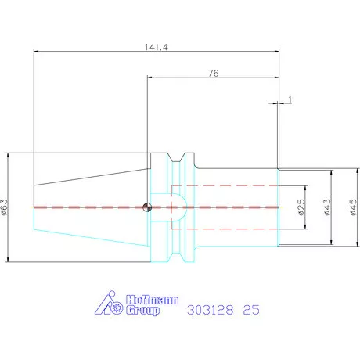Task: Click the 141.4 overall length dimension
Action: [x=157, y=47]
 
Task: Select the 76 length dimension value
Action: [x=214, y=73]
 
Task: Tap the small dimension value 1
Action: [x=290, y=99]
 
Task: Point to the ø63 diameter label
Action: [x=5, y=207]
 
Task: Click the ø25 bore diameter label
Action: [x=301, y=207]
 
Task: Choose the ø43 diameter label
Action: [x=327, y=207]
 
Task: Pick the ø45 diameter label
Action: [x=353, y=207]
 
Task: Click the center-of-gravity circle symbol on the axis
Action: [x=147, y=207]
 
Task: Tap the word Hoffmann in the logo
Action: [x=153, y=300]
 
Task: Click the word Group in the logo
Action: [x=142, y=310]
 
